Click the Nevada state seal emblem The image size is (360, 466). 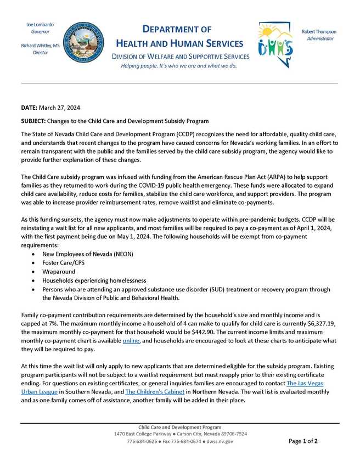(x=82, y=41)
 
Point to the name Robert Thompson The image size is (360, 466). (x=319, y=32)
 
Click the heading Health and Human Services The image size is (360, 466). (x=179, y=43)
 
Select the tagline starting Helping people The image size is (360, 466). (x=179, y=66)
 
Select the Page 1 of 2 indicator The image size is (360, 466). (x=302, y=441)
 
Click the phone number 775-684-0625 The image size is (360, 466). (x=142, y=441)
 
